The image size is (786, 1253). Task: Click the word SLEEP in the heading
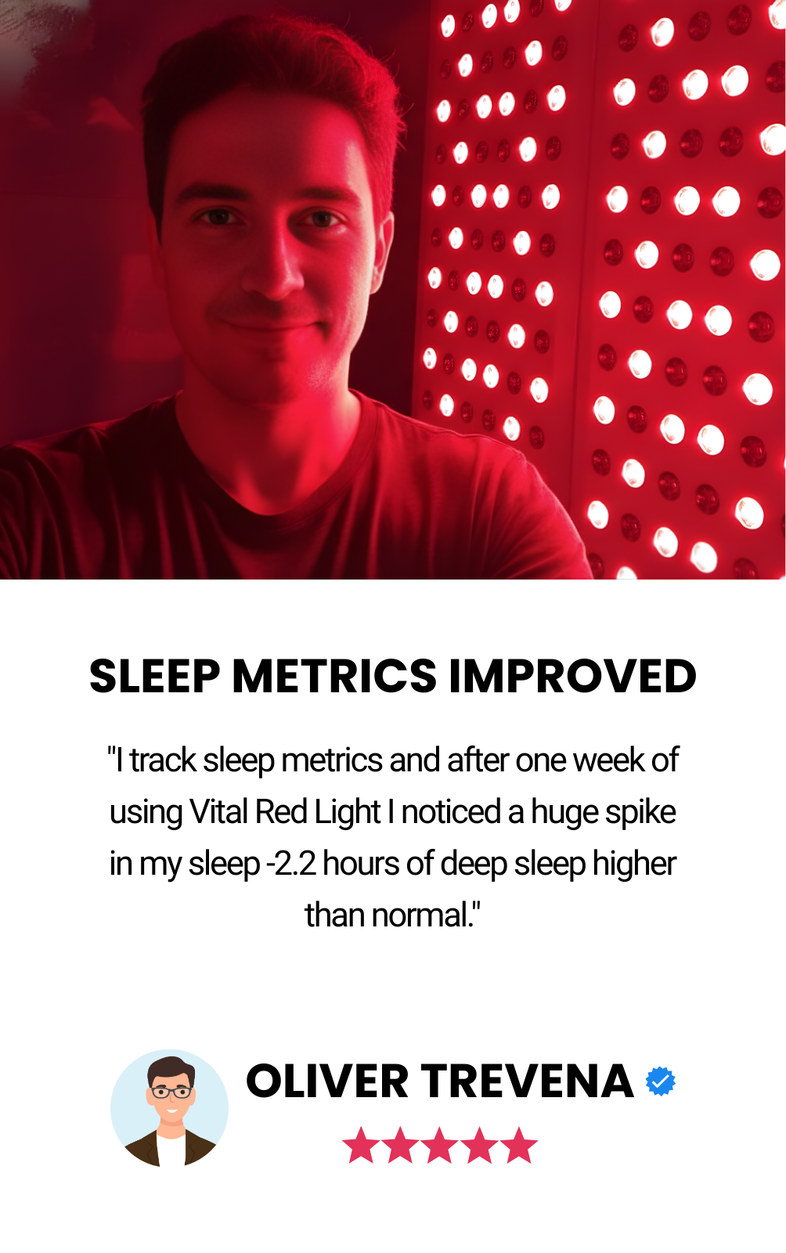point(155,676)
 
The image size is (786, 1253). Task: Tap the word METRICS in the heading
point(334,676)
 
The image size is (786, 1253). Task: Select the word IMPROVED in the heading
point(572,676)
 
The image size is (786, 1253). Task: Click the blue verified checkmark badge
point(660,1081)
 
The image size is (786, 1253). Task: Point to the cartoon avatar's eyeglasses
point(171,1092)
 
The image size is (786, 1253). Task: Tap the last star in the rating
point(519,1145)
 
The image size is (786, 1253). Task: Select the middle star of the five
point(439,1145)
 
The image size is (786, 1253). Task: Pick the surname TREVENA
point(527,1081)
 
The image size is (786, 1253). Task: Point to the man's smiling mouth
point(269,324)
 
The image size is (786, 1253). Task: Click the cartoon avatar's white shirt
point(171,1150)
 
